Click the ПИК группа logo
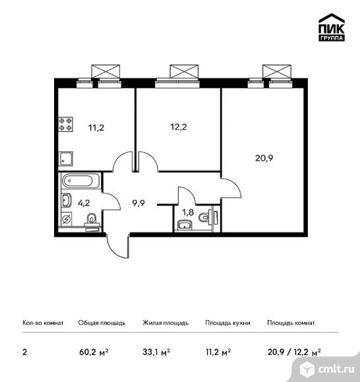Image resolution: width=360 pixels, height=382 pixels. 332,27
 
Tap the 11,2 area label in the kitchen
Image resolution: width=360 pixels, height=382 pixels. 96,127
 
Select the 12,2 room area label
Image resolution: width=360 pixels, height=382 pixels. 179,127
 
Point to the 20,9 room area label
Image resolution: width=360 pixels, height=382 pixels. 264,158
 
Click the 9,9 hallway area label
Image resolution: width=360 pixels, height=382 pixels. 138,203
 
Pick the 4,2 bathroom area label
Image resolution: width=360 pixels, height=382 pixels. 84,203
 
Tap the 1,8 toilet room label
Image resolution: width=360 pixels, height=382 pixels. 188,213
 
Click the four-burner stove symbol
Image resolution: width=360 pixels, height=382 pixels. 66,124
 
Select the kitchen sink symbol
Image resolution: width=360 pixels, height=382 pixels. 66,159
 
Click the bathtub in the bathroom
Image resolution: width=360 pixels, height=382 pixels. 80,180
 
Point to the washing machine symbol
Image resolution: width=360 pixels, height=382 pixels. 67,219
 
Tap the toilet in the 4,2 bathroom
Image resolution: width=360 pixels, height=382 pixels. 92,221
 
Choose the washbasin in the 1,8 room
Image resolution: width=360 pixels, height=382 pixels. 185,225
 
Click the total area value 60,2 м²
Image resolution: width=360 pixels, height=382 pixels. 94,352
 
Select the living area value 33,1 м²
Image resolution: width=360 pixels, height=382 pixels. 156,352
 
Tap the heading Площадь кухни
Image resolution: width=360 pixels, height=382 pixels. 227,323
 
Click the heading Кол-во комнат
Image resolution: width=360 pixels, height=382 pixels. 43,323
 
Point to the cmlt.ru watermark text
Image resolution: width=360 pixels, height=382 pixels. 336,369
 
